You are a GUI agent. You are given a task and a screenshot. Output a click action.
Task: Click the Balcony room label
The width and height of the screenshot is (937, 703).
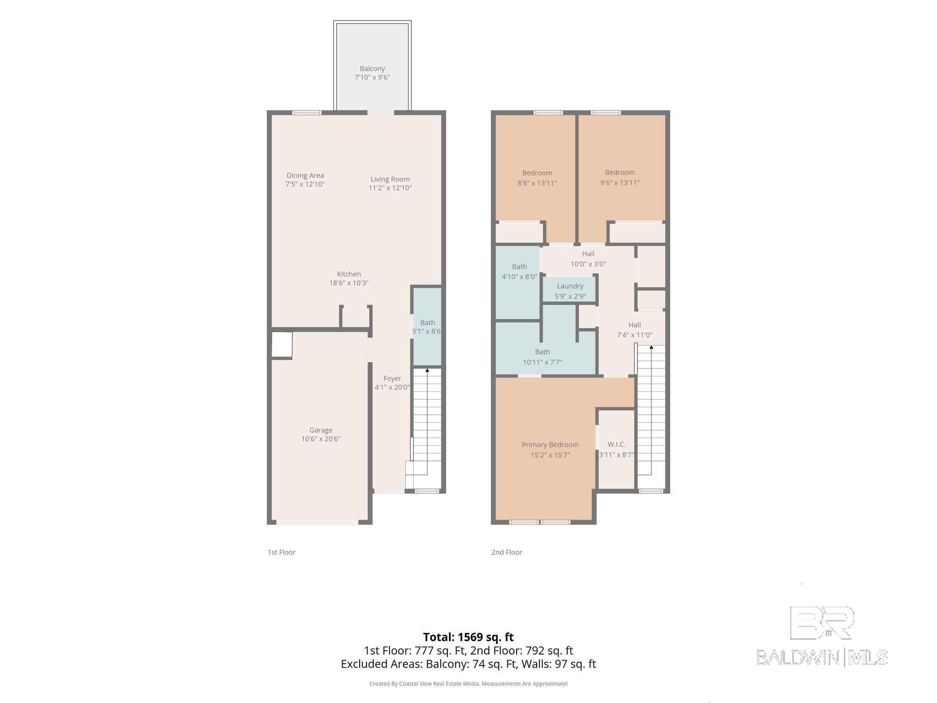pyautogui.click(x=372, y=69)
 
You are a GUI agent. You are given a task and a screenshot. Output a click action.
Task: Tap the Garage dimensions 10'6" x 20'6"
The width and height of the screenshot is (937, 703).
pyautogui.click(x=321, y=439)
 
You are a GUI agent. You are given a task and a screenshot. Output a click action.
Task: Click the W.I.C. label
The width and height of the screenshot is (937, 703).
pyautogui.click(x=616, y=444)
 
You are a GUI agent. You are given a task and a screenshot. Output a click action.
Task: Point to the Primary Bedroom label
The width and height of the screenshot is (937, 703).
pyautogui.click(x=550, y=444)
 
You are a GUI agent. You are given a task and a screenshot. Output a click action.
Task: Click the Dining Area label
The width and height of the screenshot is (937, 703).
pyautogui.click(x=305, y=175)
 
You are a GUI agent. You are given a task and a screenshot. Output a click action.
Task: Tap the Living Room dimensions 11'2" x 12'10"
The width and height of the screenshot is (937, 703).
pyautogui.click(x=390, y=188)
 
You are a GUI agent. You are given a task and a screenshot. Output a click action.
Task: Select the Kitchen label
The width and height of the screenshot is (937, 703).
pyautogui.click(x=349, y=274)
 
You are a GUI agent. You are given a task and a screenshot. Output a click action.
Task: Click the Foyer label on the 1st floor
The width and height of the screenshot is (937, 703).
pyautogui.click(x=392, y=379)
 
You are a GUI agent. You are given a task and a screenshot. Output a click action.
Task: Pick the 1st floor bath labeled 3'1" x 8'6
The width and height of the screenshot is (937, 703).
pyautogui.click(x=427, y=327)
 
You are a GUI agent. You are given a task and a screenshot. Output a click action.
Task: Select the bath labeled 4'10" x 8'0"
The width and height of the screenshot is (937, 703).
pyautogui.click(x=519, y=271)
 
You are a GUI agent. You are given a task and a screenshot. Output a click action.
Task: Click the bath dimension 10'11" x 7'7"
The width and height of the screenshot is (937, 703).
pyautogui.click(x=542, y=362)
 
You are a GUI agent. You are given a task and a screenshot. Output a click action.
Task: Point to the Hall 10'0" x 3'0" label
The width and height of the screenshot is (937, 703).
pyautogui.click(x=588, y=259)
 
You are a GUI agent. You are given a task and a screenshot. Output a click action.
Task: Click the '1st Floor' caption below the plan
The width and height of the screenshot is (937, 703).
pyautogui.click(x=281, y=552)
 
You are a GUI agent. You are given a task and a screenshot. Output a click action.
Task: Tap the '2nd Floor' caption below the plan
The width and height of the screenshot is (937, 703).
pyautogui.click(x=506, y=552)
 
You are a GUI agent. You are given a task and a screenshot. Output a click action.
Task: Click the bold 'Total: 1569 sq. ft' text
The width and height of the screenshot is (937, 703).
pyautogui.click(x=468, y=637)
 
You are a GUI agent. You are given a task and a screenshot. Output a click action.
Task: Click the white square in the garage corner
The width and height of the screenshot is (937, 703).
pyautogui.click(x=282, y=344)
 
